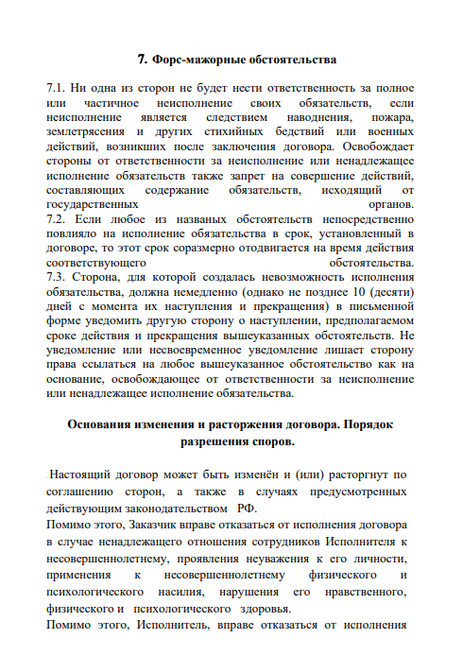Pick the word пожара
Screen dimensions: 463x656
pos(393,116)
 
